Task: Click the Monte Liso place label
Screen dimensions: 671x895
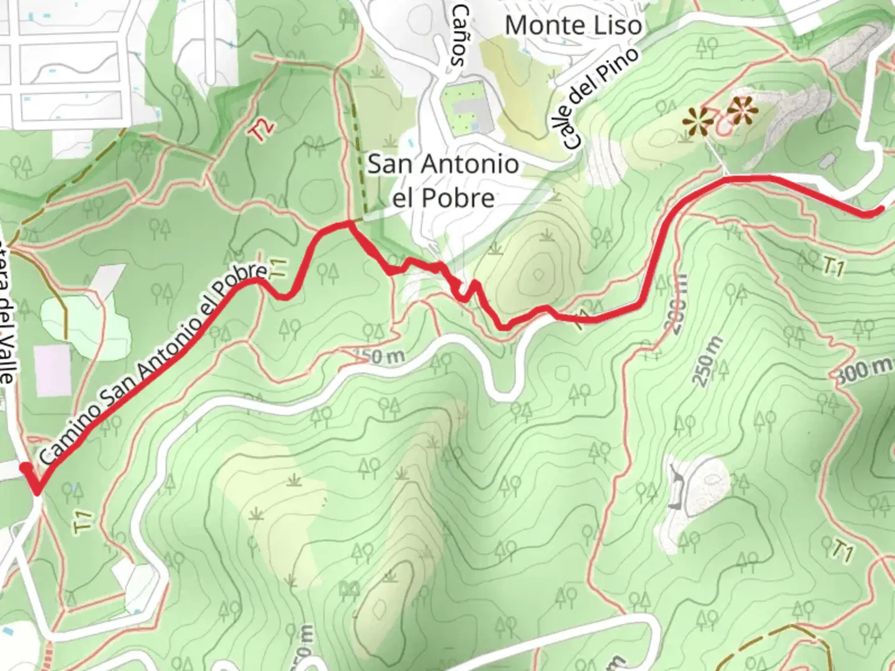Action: pos(573,25)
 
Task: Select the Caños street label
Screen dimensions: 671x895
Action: pos(461,35)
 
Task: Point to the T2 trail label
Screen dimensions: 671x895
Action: pos(262,129)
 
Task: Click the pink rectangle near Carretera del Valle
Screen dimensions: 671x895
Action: pos(53,370)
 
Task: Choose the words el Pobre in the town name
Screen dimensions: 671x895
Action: pos(444,198)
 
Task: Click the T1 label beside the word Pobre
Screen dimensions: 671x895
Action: pos(279,268)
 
